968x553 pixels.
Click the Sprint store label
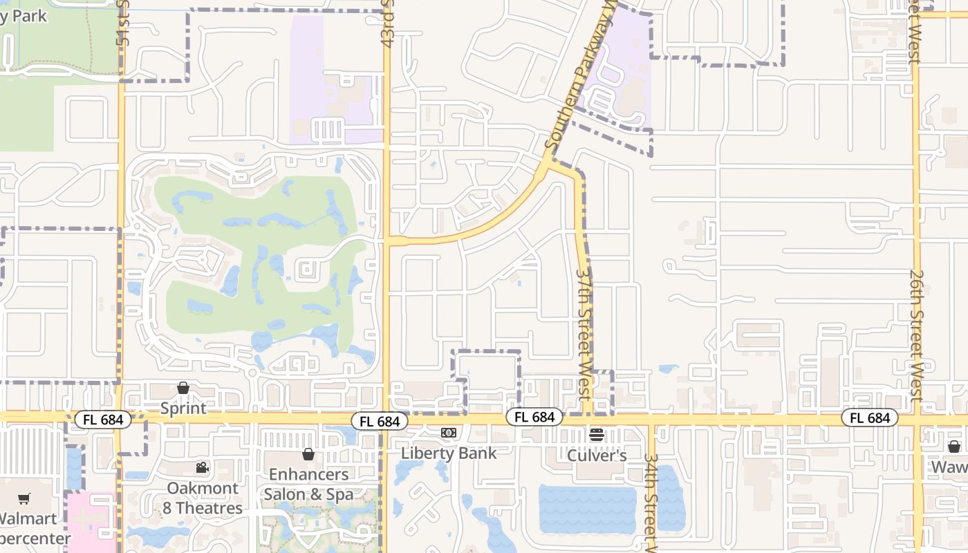tap(183, 408)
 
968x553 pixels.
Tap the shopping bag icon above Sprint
tap(183, 388)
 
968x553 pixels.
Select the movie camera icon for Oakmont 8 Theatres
tap(202, 468)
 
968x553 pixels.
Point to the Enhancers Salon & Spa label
tap(308, 484)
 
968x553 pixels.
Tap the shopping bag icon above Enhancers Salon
tap(308, 454)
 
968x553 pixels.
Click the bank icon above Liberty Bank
tap(449, 433)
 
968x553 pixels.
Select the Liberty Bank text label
tap(449, 453)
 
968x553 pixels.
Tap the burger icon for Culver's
tap(597, 435)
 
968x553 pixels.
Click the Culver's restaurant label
tap(597, 456)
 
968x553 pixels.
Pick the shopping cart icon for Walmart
tap(24, 498)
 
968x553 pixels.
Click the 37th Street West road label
tap(584, 332)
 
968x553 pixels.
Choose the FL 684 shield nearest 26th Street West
tap(869, 418)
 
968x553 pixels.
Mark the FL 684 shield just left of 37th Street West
tap(534, 417)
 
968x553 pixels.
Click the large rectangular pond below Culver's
tap(587, 509)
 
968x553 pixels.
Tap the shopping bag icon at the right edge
tap(954, 447)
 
